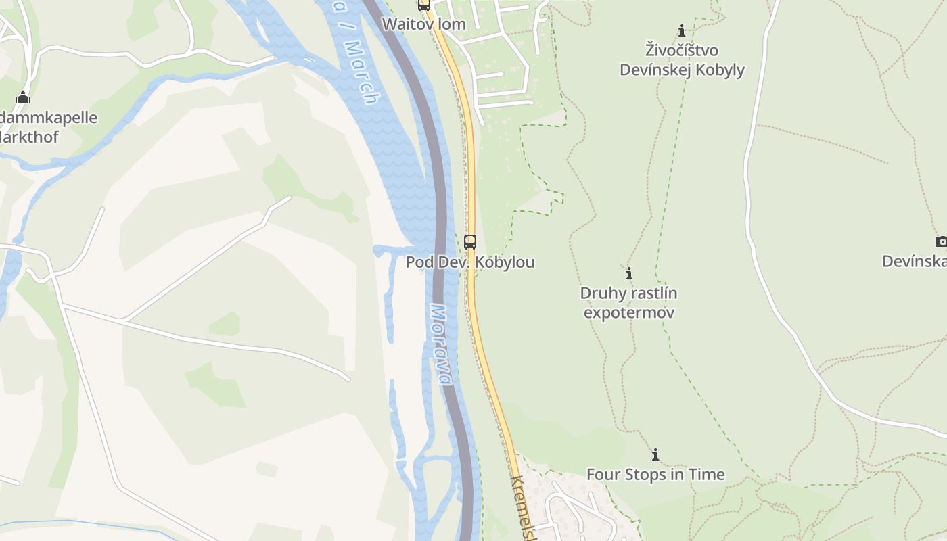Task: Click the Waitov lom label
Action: [x=423, y=24]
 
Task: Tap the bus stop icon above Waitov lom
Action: [x=424, y=5]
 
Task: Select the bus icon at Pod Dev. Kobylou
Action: [x=470, y=241]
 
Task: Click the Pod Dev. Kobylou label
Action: [x=470, y=262]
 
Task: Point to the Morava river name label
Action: [x=440, y=345]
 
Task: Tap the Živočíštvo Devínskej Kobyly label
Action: [x=682, y=60]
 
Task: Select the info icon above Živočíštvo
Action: [x=682, y=30]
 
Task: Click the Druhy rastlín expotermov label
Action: [x=628, y=303]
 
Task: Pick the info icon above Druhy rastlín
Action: [x=628, y=273]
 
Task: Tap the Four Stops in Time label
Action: [x=655, y=475]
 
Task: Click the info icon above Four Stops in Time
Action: [x=655, y=454]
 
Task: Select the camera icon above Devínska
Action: [x=940, y=241]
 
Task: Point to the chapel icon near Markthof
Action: [x=23, y=97]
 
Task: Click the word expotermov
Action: [x=628, y=313]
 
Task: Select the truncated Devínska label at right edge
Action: [x=914, y=261]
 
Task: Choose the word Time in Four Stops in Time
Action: [x=706, y=475]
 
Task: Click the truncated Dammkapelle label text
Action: [x=48, y=118]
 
